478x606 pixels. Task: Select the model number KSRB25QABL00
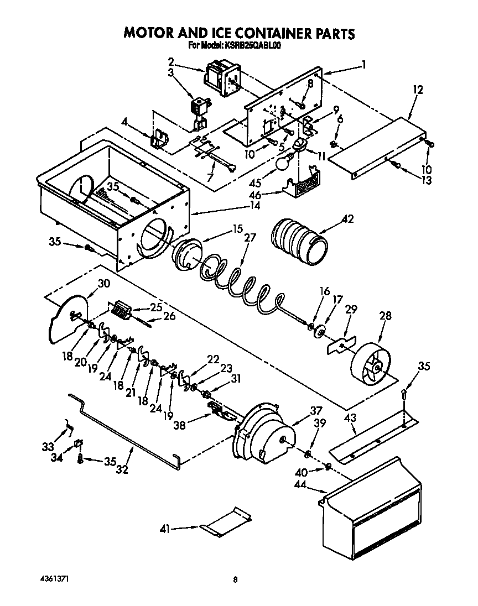252,46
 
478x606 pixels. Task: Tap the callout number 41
165,529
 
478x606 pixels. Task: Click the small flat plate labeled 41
225,521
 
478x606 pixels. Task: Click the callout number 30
103,284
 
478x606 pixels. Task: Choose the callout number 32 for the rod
122,471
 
